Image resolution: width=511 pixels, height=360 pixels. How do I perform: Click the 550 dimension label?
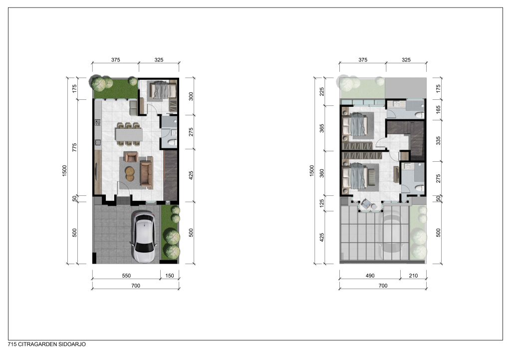point(126,276)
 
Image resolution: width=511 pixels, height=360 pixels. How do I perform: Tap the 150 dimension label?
point(170,276)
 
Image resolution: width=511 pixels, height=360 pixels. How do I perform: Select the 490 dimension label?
point(370,276)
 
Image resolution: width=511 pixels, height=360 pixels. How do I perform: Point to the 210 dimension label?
point(413,276)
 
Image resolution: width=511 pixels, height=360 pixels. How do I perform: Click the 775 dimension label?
point(74,148)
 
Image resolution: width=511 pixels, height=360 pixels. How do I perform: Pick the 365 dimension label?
point(322,128)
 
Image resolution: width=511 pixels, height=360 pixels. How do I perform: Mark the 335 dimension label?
point(438,140)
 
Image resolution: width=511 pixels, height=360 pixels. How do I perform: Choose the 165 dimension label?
point(438,109)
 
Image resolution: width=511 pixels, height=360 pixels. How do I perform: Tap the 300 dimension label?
point(191,96)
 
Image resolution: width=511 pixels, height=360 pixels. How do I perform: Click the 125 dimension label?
point(322,204)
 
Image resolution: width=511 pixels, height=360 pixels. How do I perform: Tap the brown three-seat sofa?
point(146,172)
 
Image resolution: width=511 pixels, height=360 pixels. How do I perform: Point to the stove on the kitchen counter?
point(97,122)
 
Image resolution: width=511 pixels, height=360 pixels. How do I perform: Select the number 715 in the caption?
point(12,345)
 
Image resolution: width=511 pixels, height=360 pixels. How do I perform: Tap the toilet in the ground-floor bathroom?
point(172,142)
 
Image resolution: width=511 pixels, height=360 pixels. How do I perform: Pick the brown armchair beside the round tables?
point(131,157)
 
